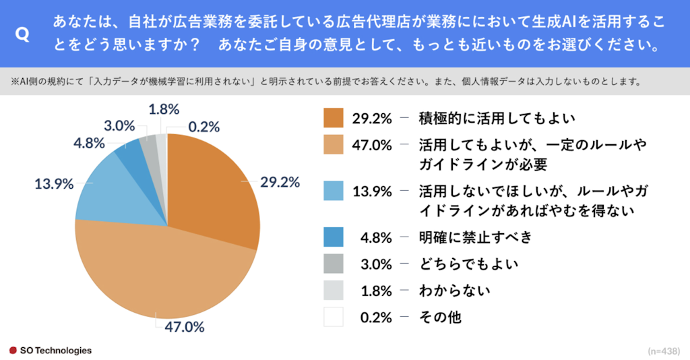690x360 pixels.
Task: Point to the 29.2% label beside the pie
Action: [x=280, y=182]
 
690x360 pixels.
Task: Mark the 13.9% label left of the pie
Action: [x=54, y=183]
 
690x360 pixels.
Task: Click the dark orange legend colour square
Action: [x=333, y=118]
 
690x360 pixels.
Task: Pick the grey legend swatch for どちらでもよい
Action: [x=333, y=264]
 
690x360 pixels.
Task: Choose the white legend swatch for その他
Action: [x=333, y=316]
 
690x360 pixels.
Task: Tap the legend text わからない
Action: [x=453, y=291]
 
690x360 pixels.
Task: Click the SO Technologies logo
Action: [x=51, y=351]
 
